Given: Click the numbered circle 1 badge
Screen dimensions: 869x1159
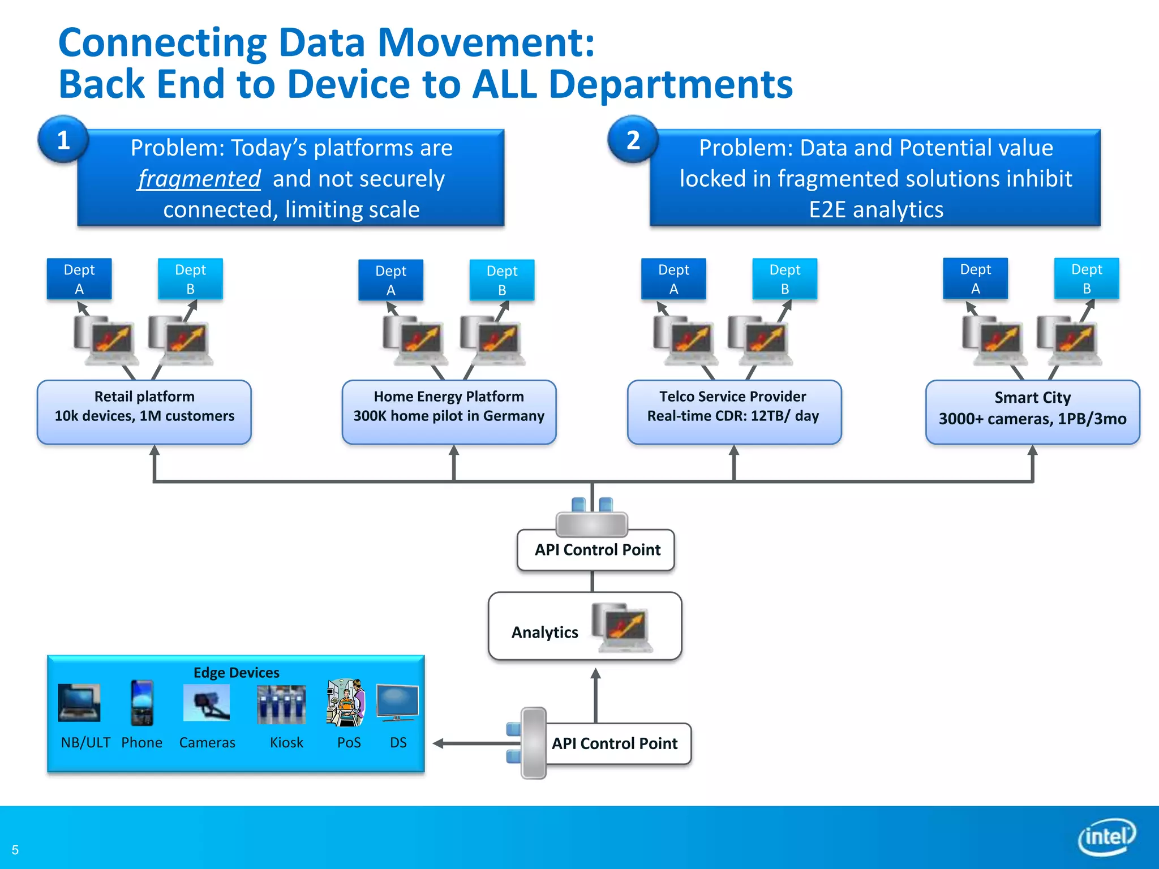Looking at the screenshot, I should click(x=63, y=140).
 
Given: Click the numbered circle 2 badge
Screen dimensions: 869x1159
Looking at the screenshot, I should click(x=633, y=140).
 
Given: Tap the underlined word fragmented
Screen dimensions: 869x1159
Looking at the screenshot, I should click(x=199, y=179).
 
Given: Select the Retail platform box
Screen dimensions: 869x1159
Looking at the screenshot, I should click(x=144, y=412).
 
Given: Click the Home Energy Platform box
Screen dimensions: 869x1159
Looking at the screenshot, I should click(x=449, y=412).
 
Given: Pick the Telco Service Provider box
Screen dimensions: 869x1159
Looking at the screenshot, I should click(x=734, y=412).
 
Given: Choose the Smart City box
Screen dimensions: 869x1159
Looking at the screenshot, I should click(x=1032, y=412).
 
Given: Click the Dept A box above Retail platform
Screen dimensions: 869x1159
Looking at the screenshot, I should click(x=79, y=279).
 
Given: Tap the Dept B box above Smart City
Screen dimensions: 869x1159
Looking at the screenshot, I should click(x=1087, y=278).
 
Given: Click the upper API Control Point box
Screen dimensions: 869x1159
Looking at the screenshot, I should click(x=596, y=550).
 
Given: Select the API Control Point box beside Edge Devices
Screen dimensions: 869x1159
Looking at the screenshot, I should click(x=615, y=743).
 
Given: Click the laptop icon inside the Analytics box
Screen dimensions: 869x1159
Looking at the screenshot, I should click(x=622, y=627).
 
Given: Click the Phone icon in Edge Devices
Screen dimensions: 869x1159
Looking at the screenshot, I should click(x=141, y=703).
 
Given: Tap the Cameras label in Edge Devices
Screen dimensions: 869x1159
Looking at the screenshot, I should click(x=207, y=742).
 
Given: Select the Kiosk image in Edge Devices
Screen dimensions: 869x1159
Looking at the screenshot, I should click(x=281, y=704).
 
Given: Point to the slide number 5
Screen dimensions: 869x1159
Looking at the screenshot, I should click(x=15, y=850).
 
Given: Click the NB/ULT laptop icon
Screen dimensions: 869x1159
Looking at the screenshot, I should click(x=79, y=703).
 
